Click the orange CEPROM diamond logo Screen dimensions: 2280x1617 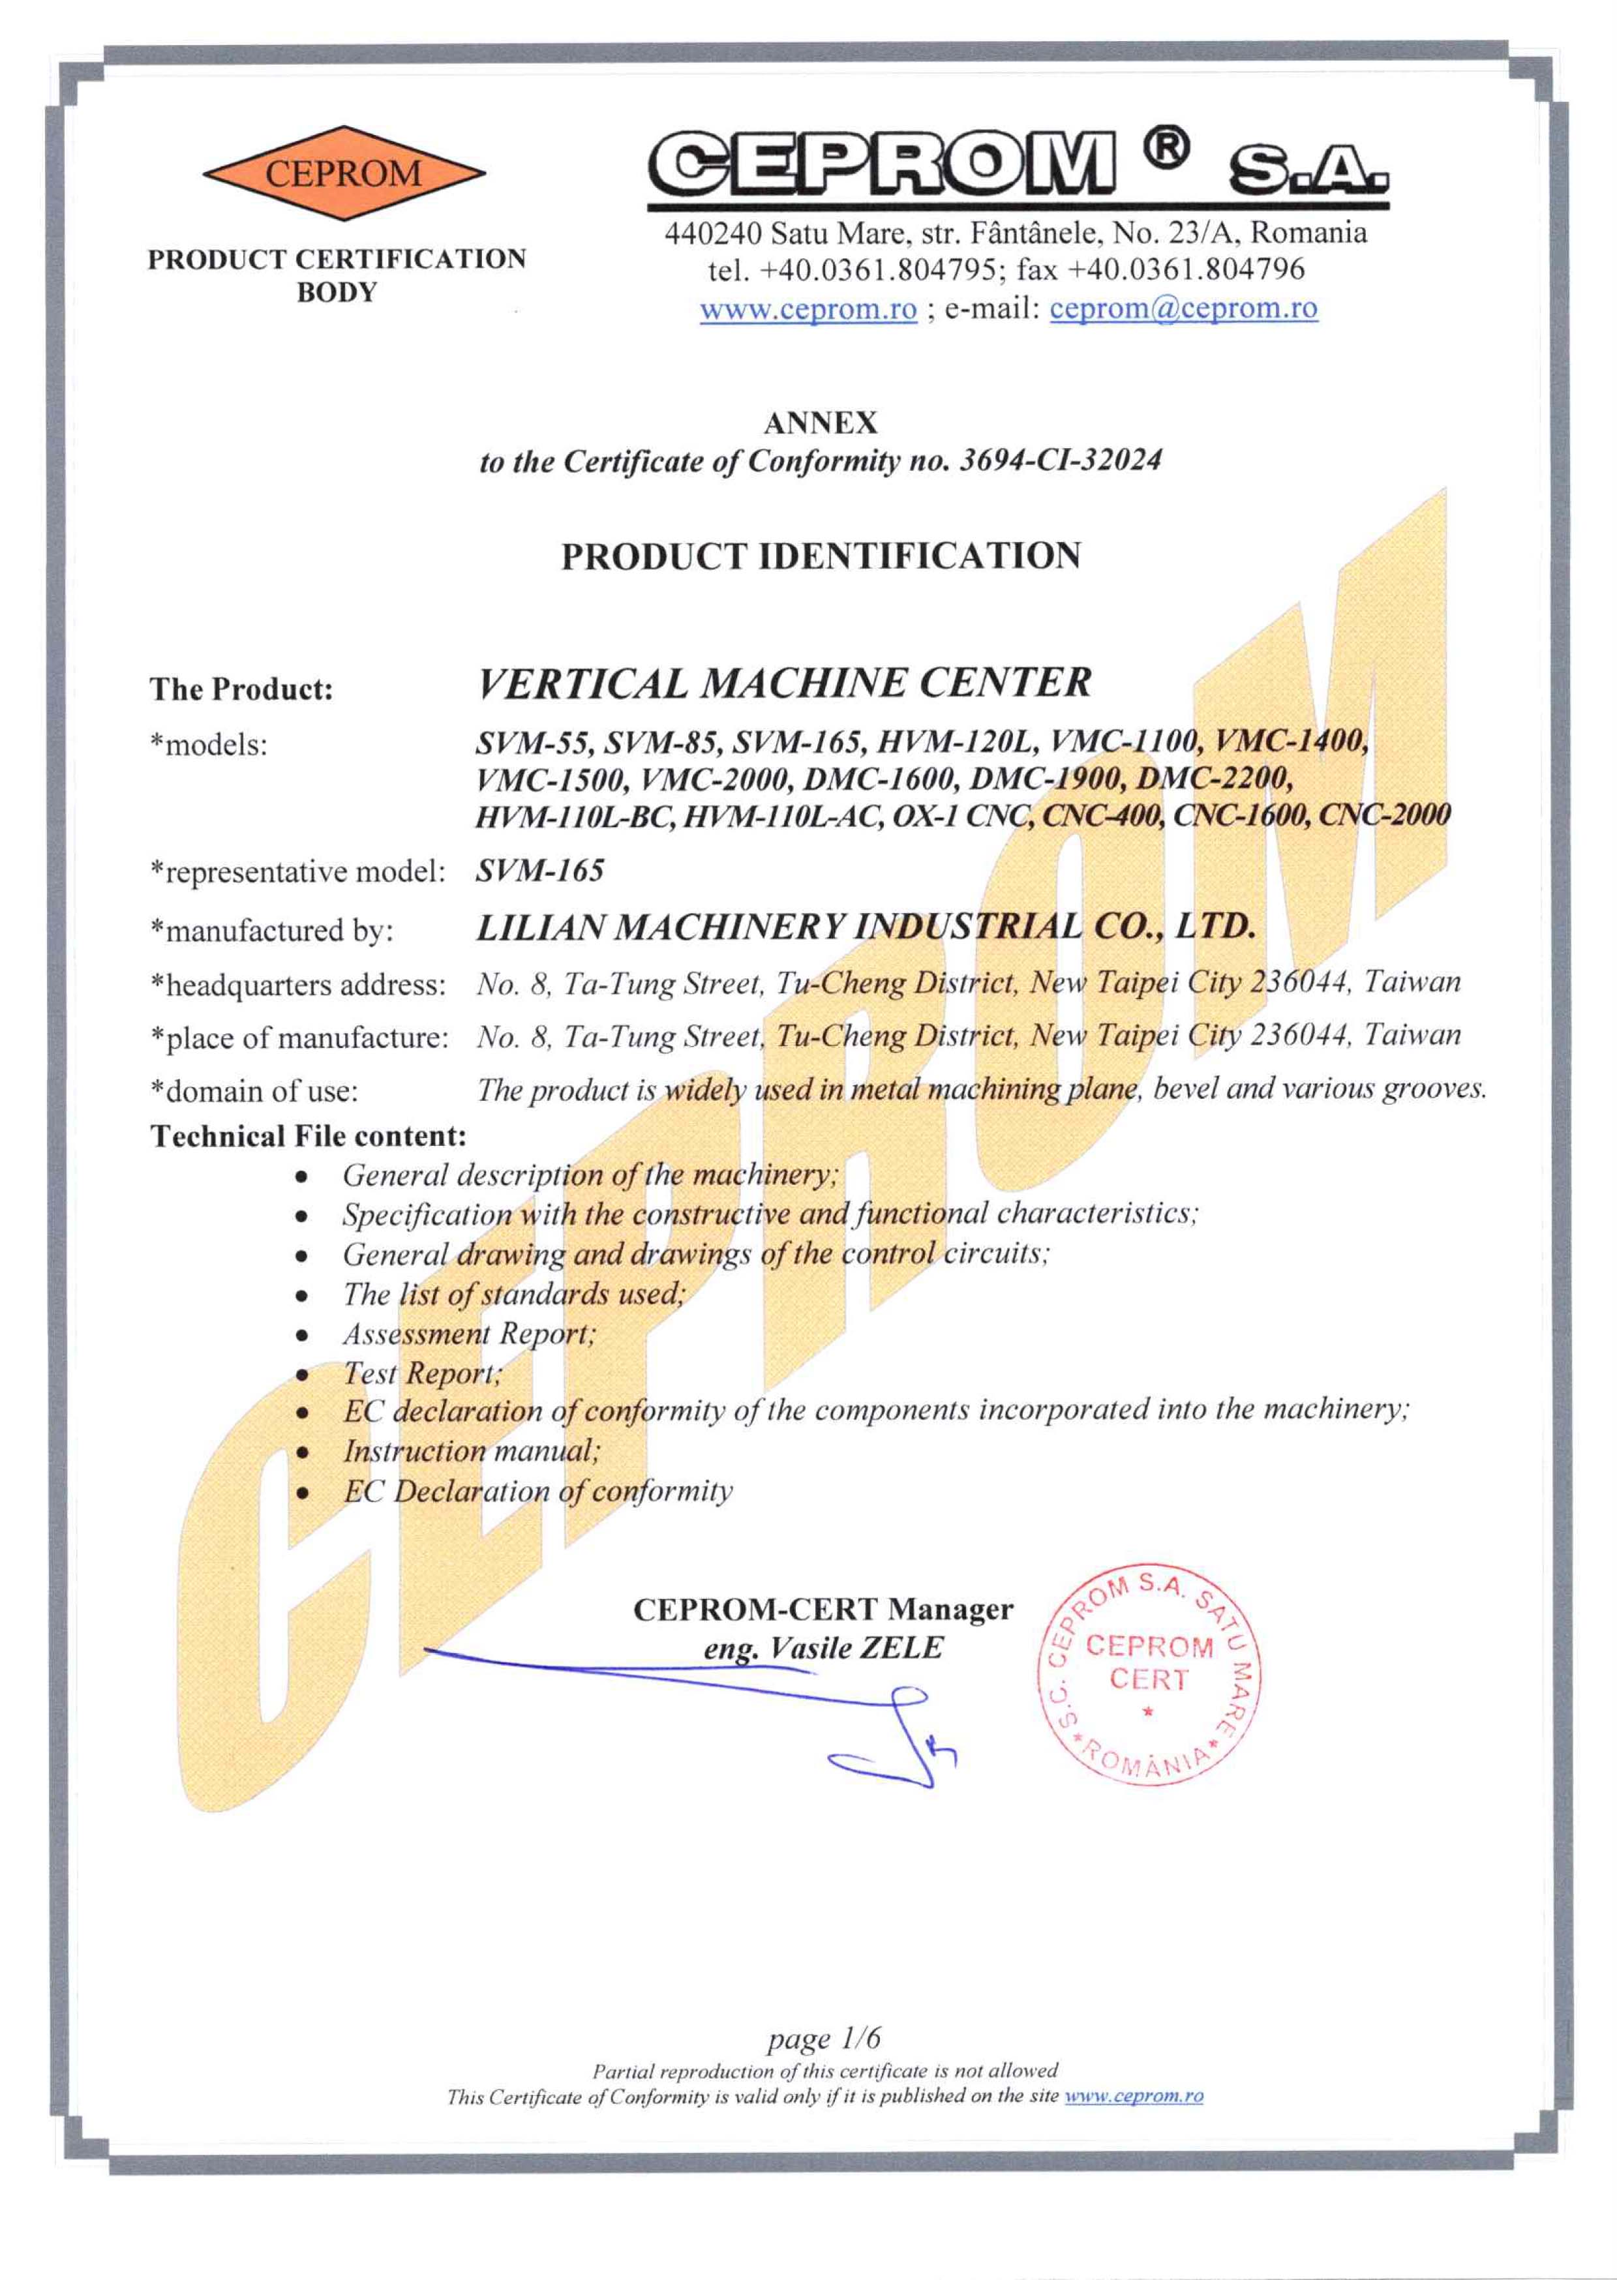344,173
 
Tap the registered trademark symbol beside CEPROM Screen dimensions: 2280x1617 1171,149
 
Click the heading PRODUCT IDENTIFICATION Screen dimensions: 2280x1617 821,556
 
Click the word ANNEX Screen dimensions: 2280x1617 821,423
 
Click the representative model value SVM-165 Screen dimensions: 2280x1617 539,871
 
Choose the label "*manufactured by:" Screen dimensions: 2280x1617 272,931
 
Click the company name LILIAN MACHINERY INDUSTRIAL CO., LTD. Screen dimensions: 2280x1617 864,928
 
